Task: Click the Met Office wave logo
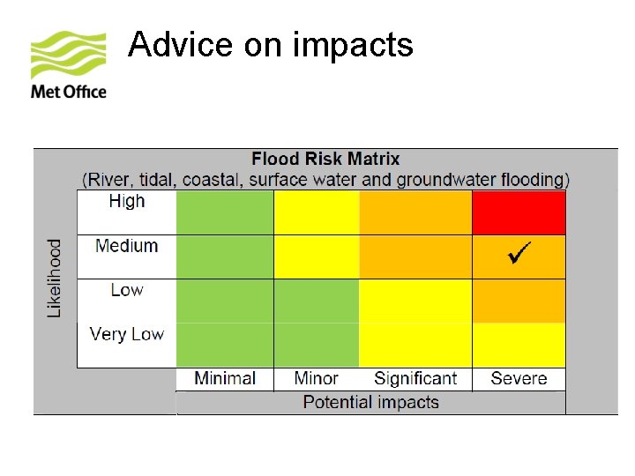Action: [x=68, y=55]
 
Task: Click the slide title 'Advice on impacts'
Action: [x=270, y=44]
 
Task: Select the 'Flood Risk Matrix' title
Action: [x=325, y=160]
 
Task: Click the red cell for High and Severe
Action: [x=519, y=212]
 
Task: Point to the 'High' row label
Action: [x=127, y=202]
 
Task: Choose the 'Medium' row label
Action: [x=127, y=246]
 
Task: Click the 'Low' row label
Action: [x=127, y=290]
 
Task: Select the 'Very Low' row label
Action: [x=127, y=334]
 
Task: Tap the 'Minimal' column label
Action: [x=225, y=379]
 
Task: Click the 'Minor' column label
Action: [x=317, y=379]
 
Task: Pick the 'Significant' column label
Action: [x=415, y=379]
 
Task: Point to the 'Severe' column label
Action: [x=519, y=379]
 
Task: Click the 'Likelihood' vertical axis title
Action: [x=55, y=278]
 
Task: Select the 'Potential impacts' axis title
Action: [x=370, y=403]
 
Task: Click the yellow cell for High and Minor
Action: [x=317, y=212]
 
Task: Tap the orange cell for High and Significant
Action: [x=415, y=212]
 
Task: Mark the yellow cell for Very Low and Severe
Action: [x=519, y=345]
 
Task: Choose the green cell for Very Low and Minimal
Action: [x=225, y=345]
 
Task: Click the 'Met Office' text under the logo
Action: [x=69, y=92]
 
